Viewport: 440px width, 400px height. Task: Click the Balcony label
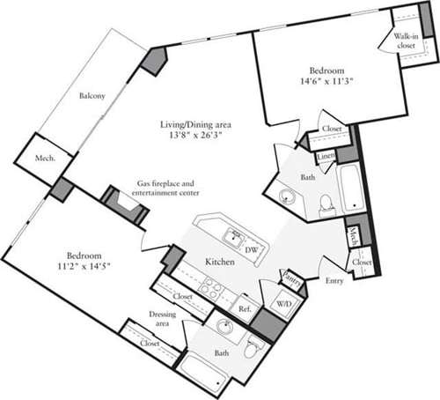click(93, 95)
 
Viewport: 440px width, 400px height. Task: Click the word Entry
click(334, 281)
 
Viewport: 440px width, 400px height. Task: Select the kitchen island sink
click(233, 235)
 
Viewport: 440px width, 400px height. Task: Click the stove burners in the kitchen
click(211, 286)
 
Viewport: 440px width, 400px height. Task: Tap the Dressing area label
click(163, 318)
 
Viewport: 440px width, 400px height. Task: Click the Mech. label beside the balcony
click(47, 159)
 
